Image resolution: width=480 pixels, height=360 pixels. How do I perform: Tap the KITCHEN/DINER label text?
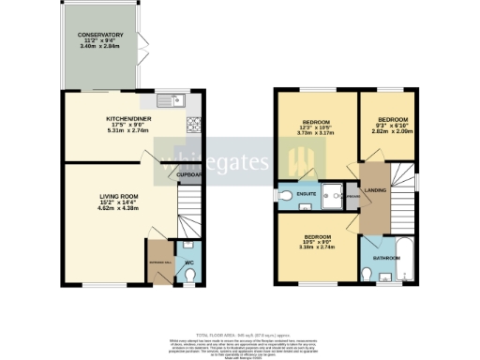(x=125, y=118)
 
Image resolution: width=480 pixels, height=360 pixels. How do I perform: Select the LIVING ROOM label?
(x=119, y=196)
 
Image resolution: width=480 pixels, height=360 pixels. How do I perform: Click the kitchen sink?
(x=172, y=99)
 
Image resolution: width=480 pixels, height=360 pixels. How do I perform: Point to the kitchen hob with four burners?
(x=195, y=123)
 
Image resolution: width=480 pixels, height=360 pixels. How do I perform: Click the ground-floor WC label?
(x=189, y=262)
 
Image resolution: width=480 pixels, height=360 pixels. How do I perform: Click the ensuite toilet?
(x=287, y=195)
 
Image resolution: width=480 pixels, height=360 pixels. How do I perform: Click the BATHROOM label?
(x=384, y=256)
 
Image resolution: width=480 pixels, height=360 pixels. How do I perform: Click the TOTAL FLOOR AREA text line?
(x=239, y=334)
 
